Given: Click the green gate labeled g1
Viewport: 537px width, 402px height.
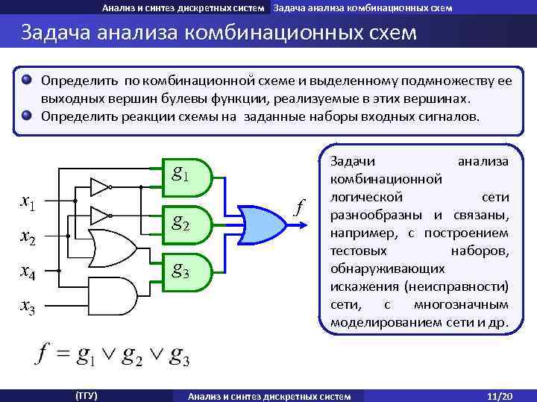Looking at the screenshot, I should click(x=186, y=177).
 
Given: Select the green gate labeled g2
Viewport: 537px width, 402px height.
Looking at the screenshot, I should click(x=186, y=221).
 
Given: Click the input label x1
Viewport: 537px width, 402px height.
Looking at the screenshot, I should click(x=29, y=201).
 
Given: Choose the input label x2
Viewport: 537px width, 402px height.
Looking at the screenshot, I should click(x=29, y=236).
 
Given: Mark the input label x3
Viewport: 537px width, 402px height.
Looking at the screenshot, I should click(x=29, y=306).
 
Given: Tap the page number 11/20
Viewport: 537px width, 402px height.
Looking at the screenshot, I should click(x=496, y=395).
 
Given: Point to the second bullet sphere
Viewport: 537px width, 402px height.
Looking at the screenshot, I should click(x=27, y=116).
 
